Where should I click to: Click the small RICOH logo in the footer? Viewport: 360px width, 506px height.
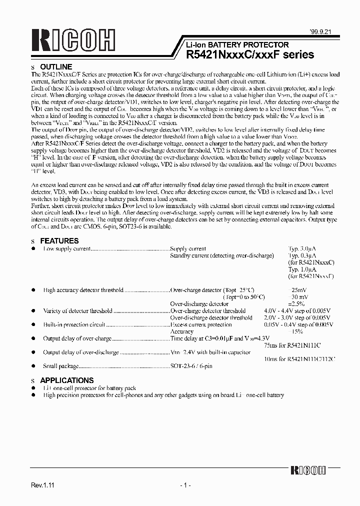tap(307, 470)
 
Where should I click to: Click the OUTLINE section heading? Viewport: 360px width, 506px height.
tap(56, 66)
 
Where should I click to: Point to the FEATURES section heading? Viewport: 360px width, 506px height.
tap(59, 240)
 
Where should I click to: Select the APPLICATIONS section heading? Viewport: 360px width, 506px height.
tap(66, 380)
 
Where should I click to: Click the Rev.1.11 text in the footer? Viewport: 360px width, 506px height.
tap(42, 485)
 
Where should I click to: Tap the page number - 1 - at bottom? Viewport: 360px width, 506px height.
tap(185, 485)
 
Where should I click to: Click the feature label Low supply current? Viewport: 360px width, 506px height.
tap(66, 248)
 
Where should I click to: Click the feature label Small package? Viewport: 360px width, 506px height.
tap(60, 366)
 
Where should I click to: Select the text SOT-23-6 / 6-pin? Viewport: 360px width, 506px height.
tap(191, 366)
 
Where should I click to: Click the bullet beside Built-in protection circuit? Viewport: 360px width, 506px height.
tap(33, 324)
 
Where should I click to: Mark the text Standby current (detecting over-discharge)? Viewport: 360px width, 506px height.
tap(222, 255)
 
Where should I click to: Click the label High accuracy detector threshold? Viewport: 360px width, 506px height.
tap(83, 290)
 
